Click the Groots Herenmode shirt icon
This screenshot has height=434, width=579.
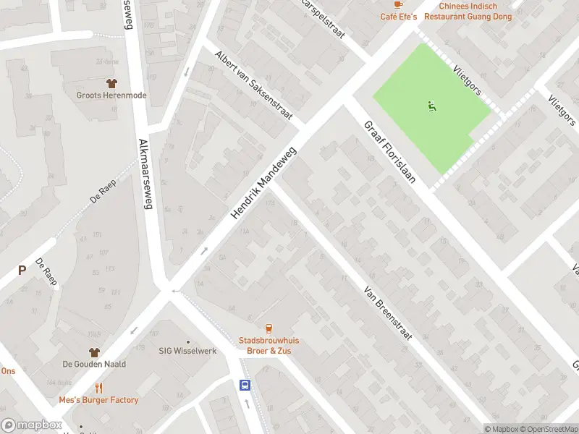click(x=111, y=83)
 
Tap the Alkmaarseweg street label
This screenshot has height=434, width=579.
click(x=144, y=174)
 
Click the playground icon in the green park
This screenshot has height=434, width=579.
click(x=432, y=107)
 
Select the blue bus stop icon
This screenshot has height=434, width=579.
click(x=245, y=385)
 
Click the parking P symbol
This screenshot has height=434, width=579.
click(x=22, y=271)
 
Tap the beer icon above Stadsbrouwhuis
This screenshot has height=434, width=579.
click(x=269, y=328)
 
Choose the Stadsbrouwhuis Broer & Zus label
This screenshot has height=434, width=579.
click(x=269, y=345)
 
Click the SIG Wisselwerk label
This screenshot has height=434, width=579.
click(x=188, y=351)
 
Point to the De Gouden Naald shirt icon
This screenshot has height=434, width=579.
click(x=93, y=352)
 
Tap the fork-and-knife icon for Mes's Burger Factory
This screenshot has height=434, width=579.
click(x=98, y=387)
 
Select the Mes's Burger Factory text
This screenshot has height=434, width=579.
click(x=98, y=400)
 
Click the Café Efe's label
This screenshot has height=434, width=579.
click(x=399, y=17)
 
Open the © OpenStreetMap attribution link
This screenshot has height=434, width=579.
click(x=548, y=429)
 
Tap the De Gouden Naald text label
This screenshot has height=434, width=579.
click(x=93, y=365)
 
